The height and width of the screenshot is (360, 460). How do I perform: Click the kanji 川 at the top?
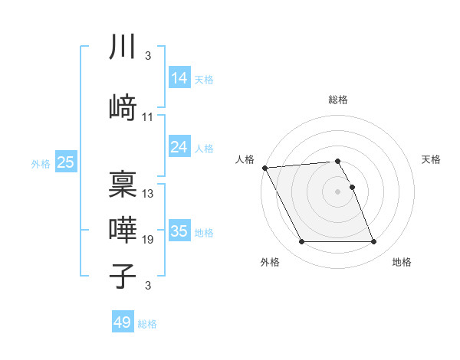coord(123,47)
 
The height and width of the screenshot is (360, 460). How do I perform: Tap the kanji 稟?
coord(123,184)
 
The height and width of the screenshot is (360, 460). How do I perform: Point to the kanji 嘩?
coord(123,230)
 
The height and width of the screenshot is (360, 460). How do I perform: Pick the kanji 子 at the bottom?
coord(123,276)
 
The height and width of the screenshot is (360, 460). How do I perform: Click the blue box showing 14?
coord(179,77)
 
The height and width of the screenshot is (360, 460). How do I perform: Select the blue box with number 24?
coord(179,146)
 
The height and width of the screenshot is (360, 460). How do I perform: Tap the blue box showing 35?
coord(179,231)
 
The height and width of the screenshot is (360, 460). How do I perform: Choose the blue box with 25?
coord(65,162)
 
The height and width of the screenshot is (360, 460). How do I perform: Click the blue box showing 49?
coord(122,322)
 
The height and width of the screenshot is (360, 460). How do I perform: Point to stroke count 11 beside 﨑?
coord(148,116)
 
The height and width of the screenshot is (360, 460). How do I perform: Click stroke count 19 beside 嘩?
coord(148,240)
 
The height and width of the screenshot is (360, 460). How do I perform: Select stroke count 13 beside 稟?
coord(148,193)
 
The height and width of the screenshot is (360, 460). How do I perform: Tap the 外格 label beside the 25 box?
coord(40,163)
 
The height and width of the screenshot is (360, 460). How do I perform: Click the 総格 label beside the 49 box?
coord(147,324)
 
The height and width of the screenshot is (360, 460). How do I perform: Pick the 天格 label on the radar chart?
coord(432,159)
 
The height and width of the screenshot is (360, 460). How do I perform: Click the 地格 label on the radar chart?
coord(402,262)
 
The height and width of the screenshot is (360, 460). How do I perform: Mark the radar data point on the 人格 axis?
coord(264,168)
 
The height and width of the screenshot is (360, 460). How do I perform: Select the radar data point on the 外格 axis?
coord(301,242)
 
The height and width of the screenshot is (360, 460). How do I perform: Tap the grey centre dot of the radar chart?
coord(337,191)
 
